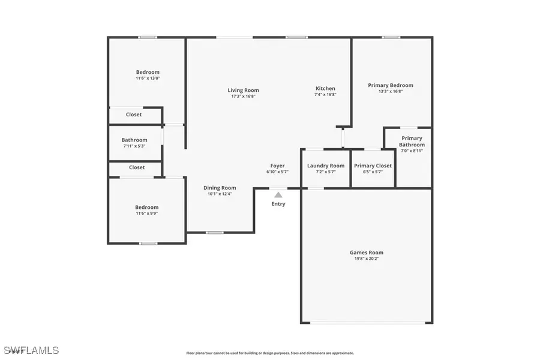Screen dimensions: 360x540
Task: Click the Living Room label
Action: tap(243, 90)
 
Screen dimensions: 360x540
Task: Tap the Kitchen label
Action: tap(325, 88)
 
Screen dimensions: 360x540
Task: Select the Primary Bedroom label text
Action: tap(390, 85)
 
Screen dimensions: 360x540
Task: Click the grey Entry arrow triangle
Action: tap(278, 194)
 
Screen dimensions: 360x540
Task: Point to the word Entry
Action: tap(278, 204)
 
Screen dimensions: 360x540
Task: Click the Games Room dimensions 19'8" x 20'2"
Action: tap(366, 259)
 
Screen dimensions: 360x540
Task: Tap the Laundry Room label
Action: tap(325, 166)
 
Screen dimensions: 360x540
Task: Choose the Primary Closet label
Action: tap(373, 166)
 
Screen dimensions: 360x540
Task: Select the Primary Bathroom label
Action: tap(412, 142)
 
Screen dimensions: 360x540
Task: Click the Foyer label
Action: tap(277, 166)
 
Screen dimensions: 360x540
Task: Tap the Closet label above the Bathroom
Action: tap(134, 115)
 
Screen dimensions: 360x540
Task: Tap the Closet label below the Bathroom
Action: tap(137, 167)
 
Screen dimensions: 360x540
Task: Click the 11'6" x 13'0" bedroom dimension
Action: tap(148, 78)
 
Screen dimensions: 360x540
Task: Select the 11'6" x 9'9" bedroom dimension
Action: tap(146, 214)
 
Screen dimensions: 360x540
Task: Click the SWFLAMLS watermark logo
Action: tap(31, 349)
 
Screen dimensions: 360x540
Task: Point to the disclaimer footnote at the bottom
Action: tap(270, 353)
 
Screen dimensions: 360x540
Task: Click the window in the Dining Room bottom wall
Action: tap(214, 233)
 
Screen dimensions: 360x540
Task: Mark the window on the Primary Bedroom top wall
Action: tap(391, 37)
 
